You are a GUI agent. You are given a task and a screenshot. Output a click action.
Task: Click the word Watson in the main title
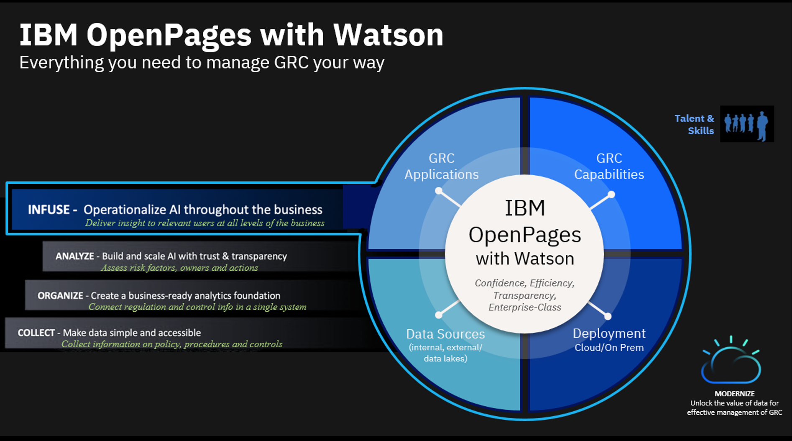pos(388,35)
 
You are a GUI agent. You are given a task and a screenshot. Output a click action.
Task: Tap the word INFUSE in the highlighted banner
pos(49,210)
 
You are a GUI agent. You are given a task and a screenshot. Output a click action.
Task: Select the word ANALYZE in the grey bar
pos(75,256)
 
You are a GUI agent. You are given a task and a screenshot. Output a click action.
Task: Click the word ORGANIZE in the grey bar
pos(60,296)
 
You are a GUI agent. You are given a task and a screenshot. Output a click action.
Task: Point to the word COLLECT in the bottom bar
pos(36,333)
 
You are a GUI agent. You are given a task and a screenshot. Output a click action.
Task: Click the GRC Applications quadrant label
pos(441,166)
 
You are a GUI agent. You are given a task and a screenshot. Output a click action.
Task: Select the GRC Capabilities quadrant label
pos(609,166)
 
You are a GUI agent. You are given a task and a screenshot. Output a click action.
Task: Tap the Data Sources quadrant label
pos(445,334)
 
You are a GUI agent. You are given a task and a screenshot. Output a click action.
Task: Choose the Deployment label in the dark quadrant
pos(609,333)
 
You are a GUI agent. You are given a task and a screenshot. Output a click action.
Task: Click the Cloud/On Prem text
pos(609,348)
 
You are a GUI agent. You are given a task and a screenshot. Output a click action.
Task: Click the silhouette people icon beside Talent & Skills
pos(747,124)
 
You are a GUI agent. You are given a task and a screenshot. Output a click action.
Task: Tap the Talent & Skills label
pos(695,125)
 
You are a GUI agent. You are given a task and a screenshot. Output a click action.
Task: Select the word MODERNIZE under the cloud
pos(734,394)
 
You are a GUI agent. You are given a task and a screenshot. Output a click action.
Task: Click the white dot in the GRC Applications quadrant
pos(438,191)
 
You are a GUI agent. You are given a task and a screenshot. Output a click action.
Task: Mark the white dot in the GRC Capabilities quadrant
pos(611,195)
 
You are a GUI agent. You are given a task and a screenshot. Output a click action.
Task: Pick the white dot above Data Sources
pos(439,315)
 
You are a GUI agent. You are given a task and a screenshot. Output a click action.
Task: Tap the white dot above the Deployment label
pos(608,316)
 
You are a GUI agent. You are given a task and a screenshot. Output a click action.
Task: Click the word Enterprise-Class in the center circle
pos(525,308)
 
